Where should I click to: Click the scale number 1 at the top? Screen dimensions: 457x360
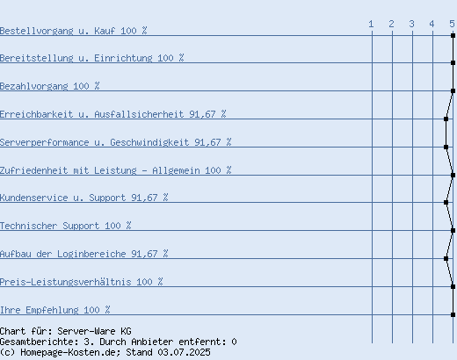coord(371,24)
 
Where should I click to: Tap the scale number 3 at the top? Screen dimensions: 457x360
coord(411,24)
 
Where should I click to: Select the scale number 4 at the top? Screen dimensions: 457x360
coord(432,24)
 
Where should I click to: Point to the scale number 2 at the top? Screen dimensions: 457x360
coord(391,24)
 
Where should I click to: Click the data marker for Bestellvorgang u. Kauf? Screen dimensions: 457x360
coord(453,35)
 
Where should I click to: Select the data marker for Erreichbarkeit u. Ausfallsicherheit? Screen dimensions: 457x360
coord(446,119)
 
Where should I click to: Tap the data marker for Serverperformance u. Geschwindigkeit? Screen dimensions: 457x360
coord(446,147)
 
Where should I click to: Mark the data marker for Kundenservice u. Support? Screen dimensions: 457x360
coord(446,202)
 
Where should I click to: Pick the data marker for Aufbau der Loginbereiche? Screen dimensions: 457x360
coord(446,258)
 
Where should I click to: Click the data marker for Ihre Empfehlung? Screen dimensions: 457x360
coord(453,314)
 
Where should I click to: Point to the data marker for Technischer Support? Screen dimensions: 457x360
coord(453,230)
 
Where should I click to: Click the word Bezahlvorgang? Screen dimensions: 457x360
coord(34,86)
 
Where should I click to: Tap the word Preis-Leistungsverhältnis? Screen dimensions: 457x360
coord(66,282)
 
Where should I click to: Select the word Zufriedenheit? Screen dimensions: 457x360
coord(34,170)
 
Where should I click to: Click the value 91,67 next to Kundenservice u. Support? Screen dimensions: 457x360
coord(144,198)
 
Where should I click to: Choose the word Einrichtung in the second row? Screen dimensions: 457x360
coord(123,58)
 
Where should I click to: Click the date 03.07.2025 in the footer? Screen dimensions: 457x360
coord(184,352)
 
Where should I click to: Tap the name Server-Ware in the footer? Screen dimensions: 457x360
coord(86,331)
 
